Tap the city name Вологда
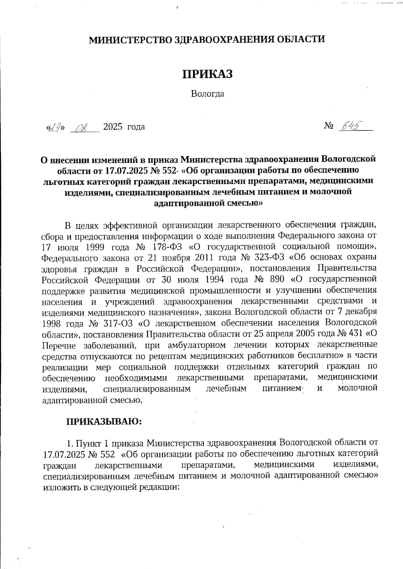207,94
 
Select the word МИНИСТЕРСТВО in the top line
130,40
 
